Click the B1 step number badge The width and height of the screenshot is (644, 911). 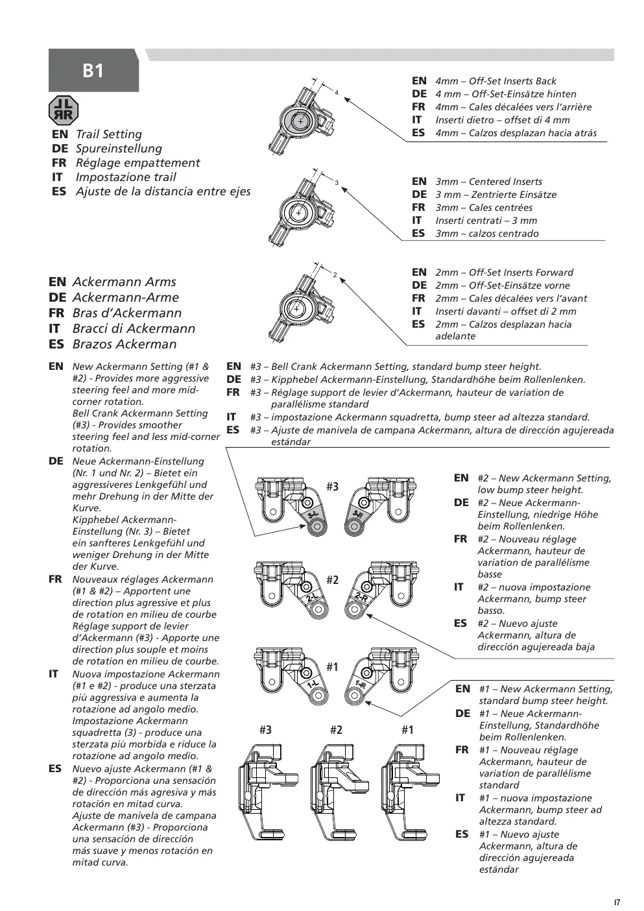[93, 70]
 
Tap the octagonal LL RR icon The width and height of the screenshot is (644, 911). [64, 110]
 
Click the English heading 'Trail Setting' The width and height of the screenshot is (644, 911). [109, 134]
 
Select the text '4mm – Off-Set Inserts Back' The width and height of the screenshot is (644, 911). [495, 81]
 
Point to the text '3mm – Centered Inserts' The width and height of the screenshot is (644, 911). [489, 182]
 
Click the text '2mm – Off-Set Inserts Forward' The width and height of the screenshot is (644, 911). [504, 272]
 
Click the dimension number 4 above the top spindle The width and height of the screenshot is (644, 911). [337, 93]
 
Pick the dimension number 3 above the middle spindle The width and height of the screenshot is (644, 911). [337, 182]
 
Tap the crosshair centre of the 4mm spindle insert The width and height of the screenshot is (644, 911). [300, 121]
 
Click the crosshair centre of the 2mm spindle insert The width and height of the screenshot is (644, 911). [296, 309]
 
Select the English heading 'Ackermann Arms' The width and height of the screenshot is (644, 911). [124, 282]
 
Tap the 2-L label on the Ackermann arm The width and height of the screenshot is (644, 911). [311, 598]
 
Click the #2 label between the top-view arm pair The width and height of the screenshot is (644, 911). [332, 580]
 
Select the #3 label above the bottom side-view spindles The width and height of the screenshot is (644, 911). [265, 729]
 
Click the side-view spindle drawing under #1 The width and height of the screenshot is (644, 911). [410, 792]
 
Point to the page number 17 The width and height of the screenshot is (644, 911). [617, 902]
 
